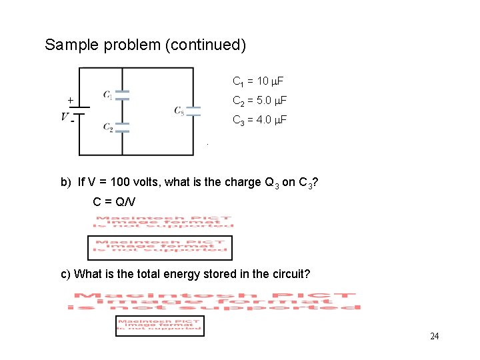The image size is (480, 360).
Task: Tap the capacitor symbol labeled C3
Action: tap(193, 111)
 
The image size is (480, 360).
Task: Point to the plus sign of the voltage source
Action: tap(70, 101)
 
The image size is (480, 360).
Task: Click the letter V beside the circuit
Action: tap(65, 117)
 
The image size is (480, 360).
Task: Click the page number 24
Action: tap(434, 336)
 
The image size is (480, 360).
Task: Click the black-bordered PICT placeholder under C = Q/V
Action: tap(160, 247)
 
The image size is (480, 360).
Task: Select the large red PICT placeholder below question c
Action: tap(213, 301)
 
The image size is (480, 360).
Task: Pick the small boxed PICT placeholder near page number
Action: tap(159, 325)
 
